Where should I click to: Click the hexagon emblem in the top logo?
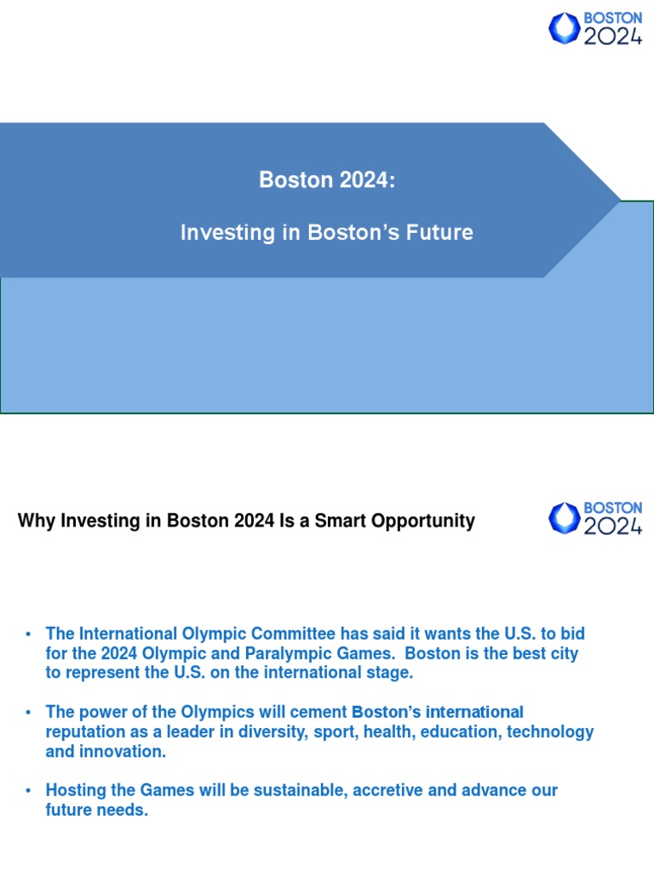(564, 28)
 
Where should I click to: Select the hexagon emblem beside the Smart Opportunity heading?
(564, 518)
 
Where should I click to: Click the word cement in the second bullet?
(317, 712)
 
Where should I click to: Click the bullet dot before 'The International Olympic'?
(29, 635)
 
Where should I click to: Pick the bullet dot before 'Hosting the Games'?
(29, 791)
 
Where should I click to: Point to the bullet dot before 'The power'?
(29, 713)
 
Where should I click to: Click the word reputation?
(86, 732)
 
